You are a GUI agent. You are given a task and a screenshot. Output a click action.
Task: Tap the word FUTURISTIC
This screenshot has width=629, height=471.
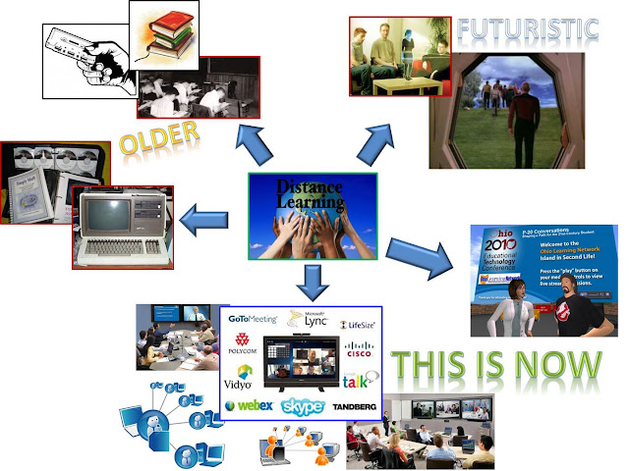tap(527, 29)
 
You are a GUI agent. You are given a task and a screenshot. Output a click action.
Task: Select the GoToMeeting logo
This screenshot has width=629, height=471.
tap(252, 319)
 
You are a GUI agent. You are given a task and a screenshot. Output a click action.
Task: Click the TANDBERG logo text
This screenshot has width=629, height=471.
tap(354, 405)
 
